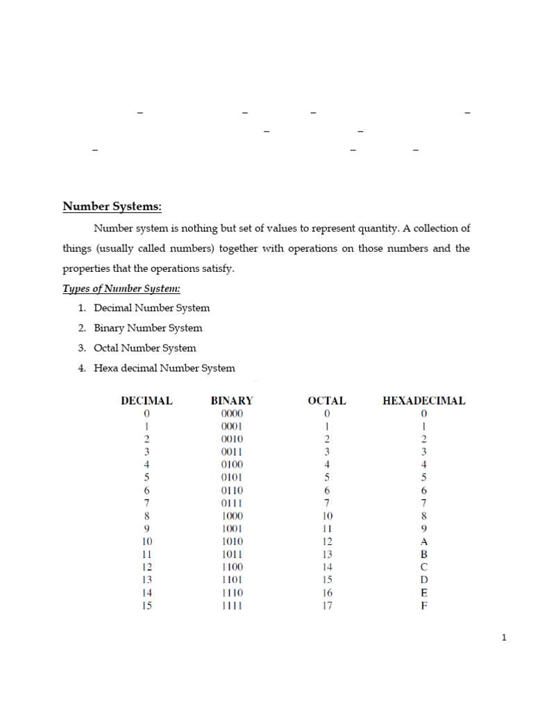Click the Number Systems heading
(x=112, y=207)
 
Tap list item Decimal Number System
(x=151, y=308)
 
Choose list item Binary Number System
(x=148, y=328)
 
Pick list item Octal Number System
(x=145, y=348)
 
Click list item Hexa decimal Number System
(x=164, y=368)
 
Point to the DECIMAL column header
(x=146, y=401)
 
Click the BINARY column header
(x=232, y=401)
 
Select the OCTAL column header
(x=327, y=401)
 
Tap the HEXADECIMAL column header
(x=424, y=401)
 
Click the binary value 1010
(x=232, y=542)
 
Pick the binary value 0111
(x=232, y=503)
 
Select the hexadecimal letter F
(x=424, y=606)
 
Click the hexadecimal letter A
(x=424, y=542)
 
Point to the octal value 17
(x=327, y=606)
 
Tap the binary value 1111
(x=232, y=606)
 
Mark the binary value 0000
(x=232, y=414)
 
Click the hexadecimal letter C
(x=424, y=567)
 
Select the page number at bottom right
(x=505, y=638)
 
